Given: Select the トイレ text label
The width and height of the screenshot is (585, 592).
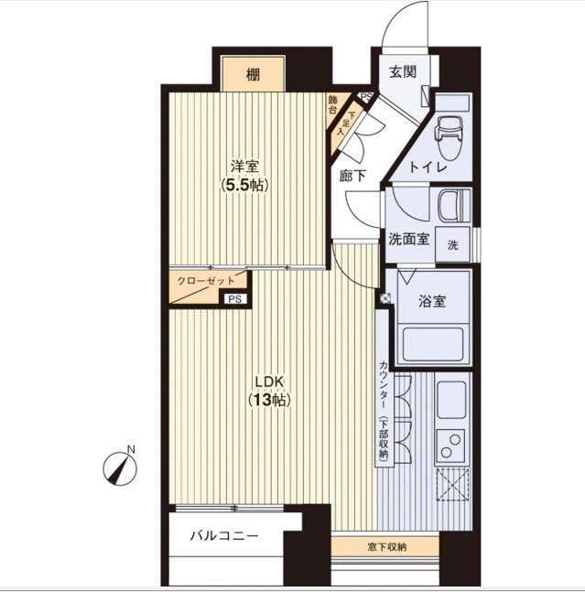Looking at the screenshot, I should click(x=428, y=167).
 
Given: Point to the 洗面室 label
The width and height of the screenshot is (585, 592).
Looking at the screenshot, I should click(x=409, y=240).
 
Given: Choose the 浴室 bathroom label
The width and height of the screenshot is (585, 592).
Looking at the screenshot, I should click(x=432, y=299).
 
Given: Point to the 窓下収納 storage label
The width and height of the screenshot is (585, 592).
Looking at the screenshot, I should click(x=387, y=547).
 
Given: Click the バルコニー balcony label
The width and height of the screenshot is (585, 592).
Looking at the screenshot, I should click(x=224, y=536).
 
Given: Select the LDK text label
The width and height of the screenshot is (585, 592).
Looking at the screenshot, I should click(x=267, y=382).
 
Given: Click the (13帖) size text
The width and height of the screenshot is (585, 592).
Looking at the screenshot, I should click(x=267, y=400).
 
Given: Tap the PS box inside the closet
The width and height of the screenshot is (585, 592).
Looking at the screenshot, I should click(x=234, y=298).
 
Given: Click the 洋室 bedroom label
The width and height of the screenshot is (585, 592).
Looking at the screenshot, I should click(x=244, y=167).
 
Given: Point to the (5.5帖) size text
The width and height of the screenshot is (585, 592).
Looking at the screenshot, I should click(x=244, y=185).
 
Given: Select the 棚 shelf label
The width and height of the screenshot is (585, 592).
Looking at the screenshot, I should click(x=253, y=74).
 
